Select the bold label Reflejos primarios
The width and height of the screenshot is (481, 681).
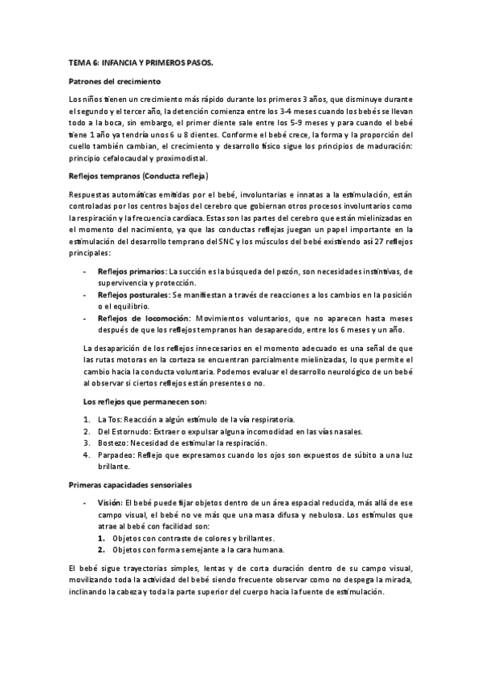click(x=132, y=272)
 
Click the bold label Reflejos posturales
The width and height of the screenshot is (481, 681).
click(x=134, y=295)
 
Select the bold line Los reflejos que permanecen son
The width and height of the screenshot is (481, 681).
click(x=145, y=401)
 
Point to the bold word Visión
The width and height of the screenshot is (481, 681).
click(x=110, y=502)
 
